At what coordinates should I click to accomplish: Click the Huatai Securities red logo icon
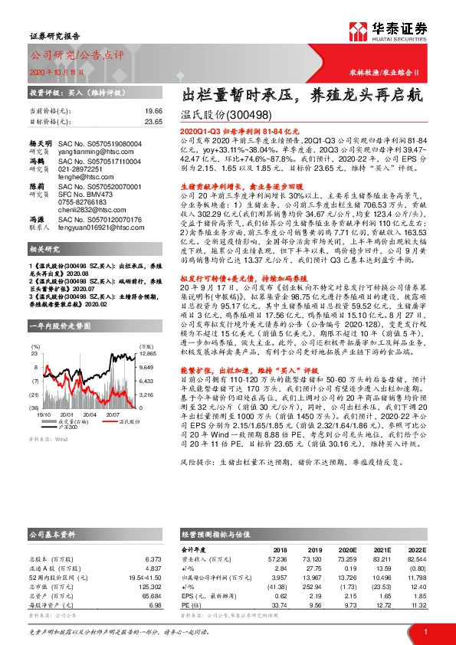[x=358, y=30]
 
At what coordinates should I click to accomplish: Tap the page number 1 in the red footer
[x=425, y=631]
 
